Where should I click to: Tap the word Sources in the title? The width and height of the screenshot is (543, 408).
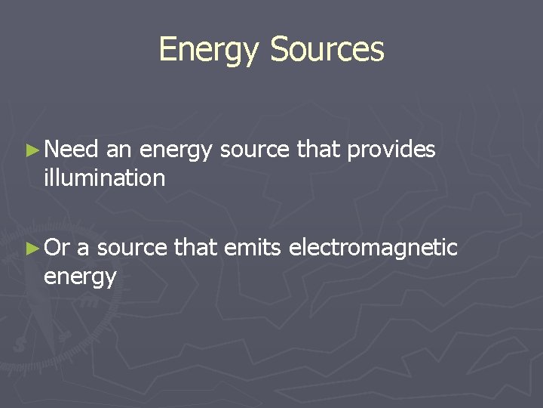click(327, 50)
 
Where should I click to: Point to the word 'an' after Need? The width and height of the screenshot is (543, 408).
click(119, 150)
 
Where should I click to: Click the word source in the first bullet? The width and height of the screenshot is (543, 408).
click(255, 150)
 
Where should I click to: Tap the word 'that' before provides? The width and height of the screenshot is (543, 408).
click(318, 150)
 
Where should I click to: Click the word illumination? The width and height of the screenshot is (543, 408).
click(104, 178)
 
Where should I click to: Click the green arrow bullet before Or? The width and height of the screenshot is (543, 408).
click(32, 248)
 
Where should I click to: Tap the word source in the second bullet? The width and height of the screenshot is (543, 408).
click(132, 248)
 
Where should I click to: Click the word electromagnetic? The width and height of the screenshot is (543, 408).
click(373, 248)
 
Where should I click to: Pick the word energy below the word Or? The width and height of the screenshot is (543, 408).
click(80, 277)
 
